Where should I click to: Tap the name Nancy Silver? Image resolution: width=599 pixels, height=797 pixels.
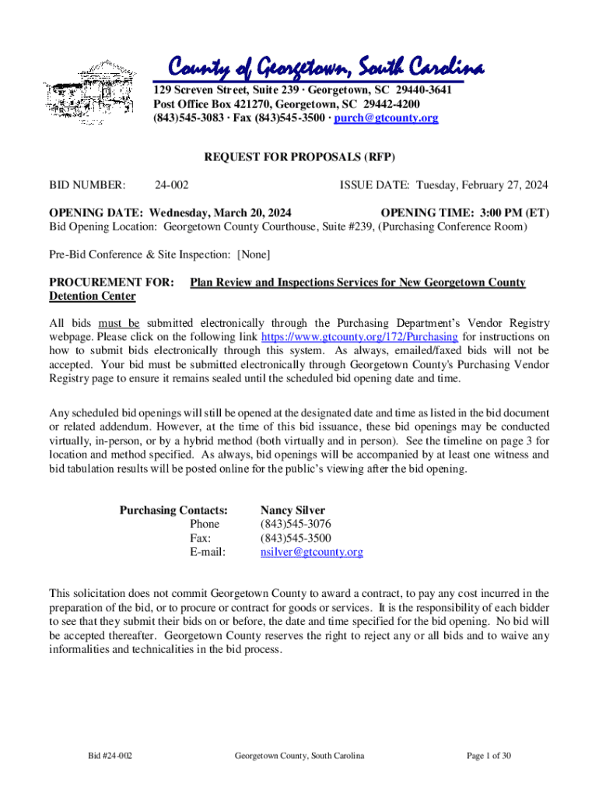[x=292, y=511]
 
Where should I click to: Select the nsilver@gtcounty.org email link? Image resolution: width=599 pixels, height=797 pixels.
[x=311, y=553]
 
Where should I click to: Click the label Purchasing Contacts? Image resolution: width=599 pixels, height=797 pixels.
[x=173, y=511]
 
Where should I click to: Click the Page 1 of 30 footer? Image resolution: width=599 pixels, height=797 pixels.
[x=489, y=756]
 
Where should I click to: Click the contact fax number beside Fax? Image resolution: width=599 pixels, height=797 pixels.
[x=295, y=539]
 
